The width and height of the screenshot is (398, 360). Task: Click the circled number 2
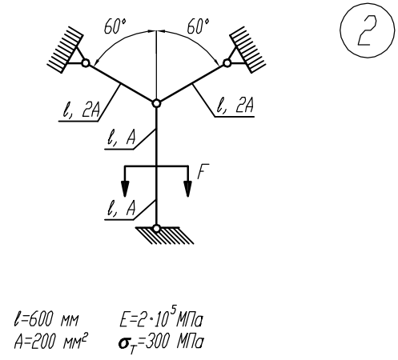coord(367,31)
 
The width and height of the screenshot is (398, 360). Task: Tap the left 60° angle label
coord(115,26)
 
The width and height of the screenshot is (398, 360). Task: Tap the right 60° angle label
coord(198,26)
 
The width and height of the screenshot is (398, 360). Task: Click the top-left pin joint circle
coord(86,63)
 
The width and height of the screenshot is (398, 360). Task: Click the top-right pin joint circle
coord(227,63)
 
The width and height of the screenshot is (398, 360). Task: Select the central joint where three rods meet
coord(156,103)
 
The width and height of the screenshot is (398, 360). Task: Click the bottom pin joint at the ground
coord(156,229)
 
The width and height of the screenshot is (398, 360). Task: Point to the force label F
coord(203,171)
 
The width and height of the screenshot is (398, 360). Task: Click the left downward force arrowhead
coord(125,189)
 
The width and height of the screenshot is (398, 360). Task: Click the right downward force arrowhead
coord(188,189)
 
